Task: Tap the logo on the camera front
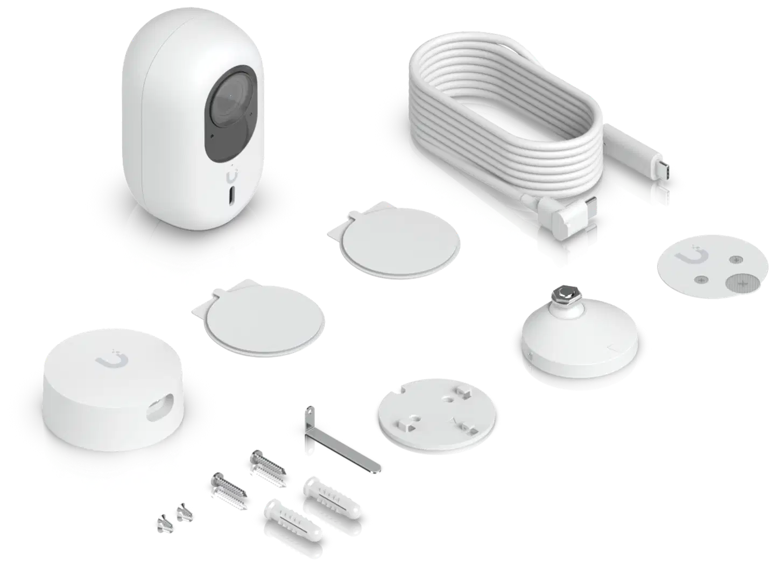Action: click(x=232, y=176)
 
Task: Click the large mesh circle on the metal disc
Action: click(x=737, y=281)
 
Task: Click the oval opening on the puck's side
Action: click(x=160, y=408)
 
